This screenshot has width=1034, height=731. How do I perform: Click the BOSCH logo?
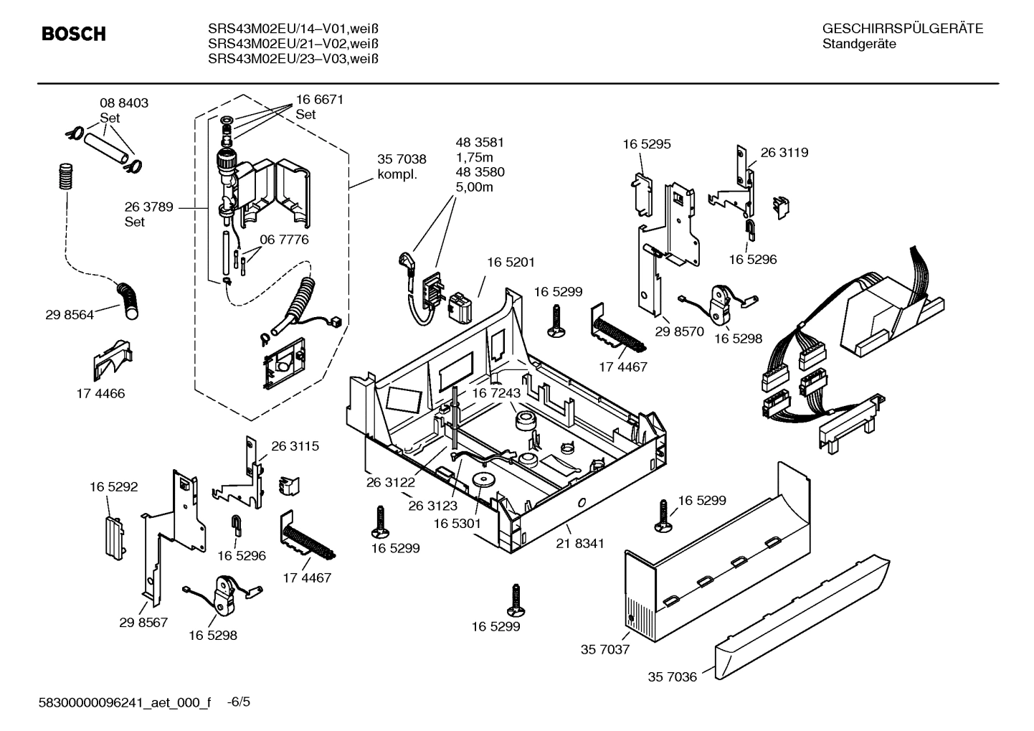(x=73, y=34)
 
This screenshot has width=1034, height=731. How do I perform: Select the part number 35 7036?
(x=672, y=676)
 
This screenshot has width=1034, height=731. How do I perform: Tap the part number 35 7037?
(x=604, y=649)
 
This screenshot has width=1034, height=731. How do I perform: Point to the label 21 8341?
(x=579, y=543)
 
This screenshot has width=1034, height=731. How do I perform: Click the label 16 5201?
(x=511, y=263)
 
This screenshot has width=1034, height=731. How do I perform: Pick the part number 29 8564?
(x=70, y=314)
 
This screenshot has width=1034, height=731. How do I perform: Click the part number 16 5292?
(x=113, y=486)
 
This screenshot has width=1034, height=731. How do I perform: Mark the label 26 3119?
(x=784, y=152)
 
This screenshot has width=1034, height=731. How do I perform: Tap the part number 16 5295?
(x=646, y=143)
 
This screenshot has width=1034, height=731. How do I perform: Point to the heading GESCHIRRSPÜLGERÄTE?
(x=902, y=29)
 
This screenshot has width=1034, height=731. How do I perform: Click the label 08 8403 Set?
(x=123, y=110)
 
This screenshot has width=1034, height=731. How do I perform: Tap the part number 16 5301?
(x=457, y=524)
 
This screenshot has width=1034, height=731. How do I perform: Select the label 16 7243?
(x=495, y=393)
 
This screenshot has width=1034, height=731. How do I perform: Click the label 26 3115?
(x=295, y=445)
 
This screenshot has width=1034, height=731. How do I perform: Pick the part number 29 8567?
(x=143, y=622)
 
